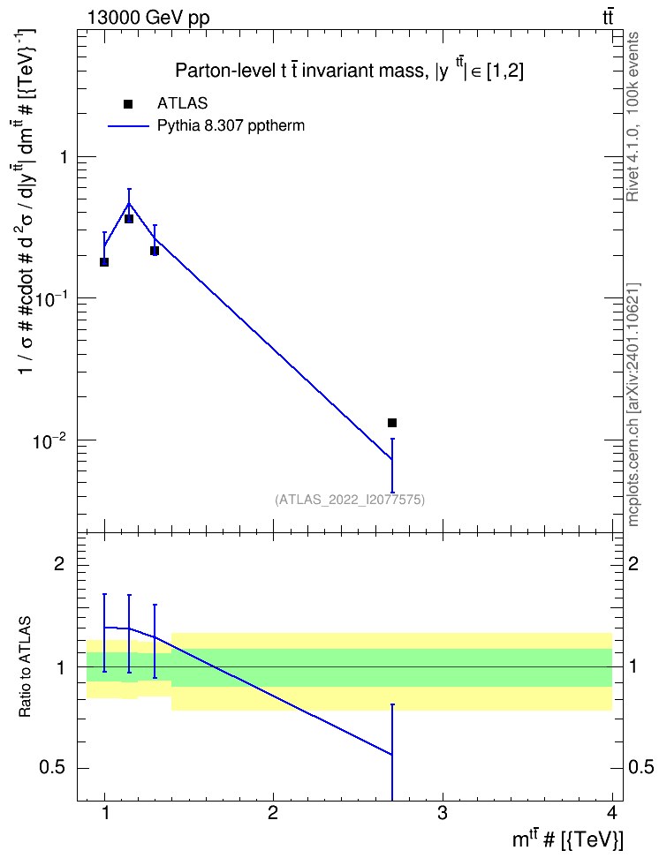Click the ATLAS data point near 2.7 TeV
[x=392, y=423]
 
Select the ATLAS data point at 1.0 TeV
[x=104, y=262]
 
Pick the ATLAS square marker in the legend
[x=128, y=104]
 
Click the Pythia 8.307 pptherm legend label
[x=231, y=126]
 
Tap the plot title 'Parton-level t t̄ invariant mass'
[x=299, y=71]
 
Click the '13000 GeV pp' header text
[x=148, y=18]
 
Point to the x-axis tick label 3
[x=442, y=813]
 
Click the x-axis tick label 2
[x=273, y=813]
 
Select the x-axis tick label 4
[x=612, y=813]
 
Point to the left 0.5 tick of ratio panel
[x=52, y=768]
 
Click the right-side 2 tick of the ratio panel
[x=633, y=563]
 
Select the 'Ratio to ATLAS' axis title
[x=25, y=666]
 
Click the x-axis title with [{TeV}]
[x=568, y=839]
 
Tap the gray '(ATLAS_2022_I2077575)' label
[x=350, y=499]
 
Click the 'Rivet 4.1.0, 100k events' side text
[x=632, y=117]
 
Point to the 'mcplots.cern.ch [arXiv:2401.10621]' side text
[x=632, y=404]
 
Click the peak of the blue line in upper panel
[x=129, y=203]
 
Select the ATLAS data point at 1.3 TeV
[x=155, y=251]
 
